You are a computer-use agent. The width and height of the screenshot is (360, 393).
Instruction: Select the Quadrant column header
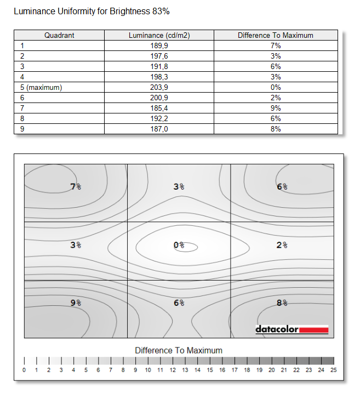59,35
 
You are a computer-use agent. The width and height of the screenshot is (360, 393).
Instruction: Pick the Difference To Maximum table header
275,35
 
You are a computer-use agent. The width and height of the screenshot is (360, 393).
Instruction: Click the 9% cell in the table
275,109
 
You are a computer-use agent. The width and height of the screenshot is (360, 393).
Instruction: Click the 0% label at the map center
179,246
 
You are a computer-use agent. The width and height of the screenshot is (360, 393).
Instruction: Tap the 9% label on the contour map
76,303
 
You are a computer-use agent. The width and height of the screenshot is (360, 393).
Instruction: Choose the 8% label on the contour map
282,303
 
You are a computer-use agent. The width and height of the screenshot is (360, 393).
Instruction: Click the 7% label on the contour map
76,186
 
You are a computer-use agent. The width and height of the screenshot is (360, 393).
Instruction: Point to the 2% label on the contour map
282,246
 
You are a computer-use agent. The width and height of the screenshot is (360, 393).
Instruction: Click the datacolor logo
292,329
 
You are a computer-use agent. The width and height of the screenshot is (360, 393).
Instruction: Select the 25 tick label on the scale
333,371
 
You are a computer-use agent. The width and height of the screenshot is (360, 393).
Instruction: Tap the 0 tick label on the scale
24,371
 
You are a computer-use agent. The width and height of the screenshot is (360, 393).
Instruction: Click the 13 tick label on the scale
185,371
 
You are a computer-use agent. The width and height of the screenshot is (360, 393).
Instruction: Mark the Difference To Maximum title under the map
179,350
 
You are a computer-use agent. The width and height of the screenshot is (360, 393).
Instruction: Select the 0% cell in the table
275,87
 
